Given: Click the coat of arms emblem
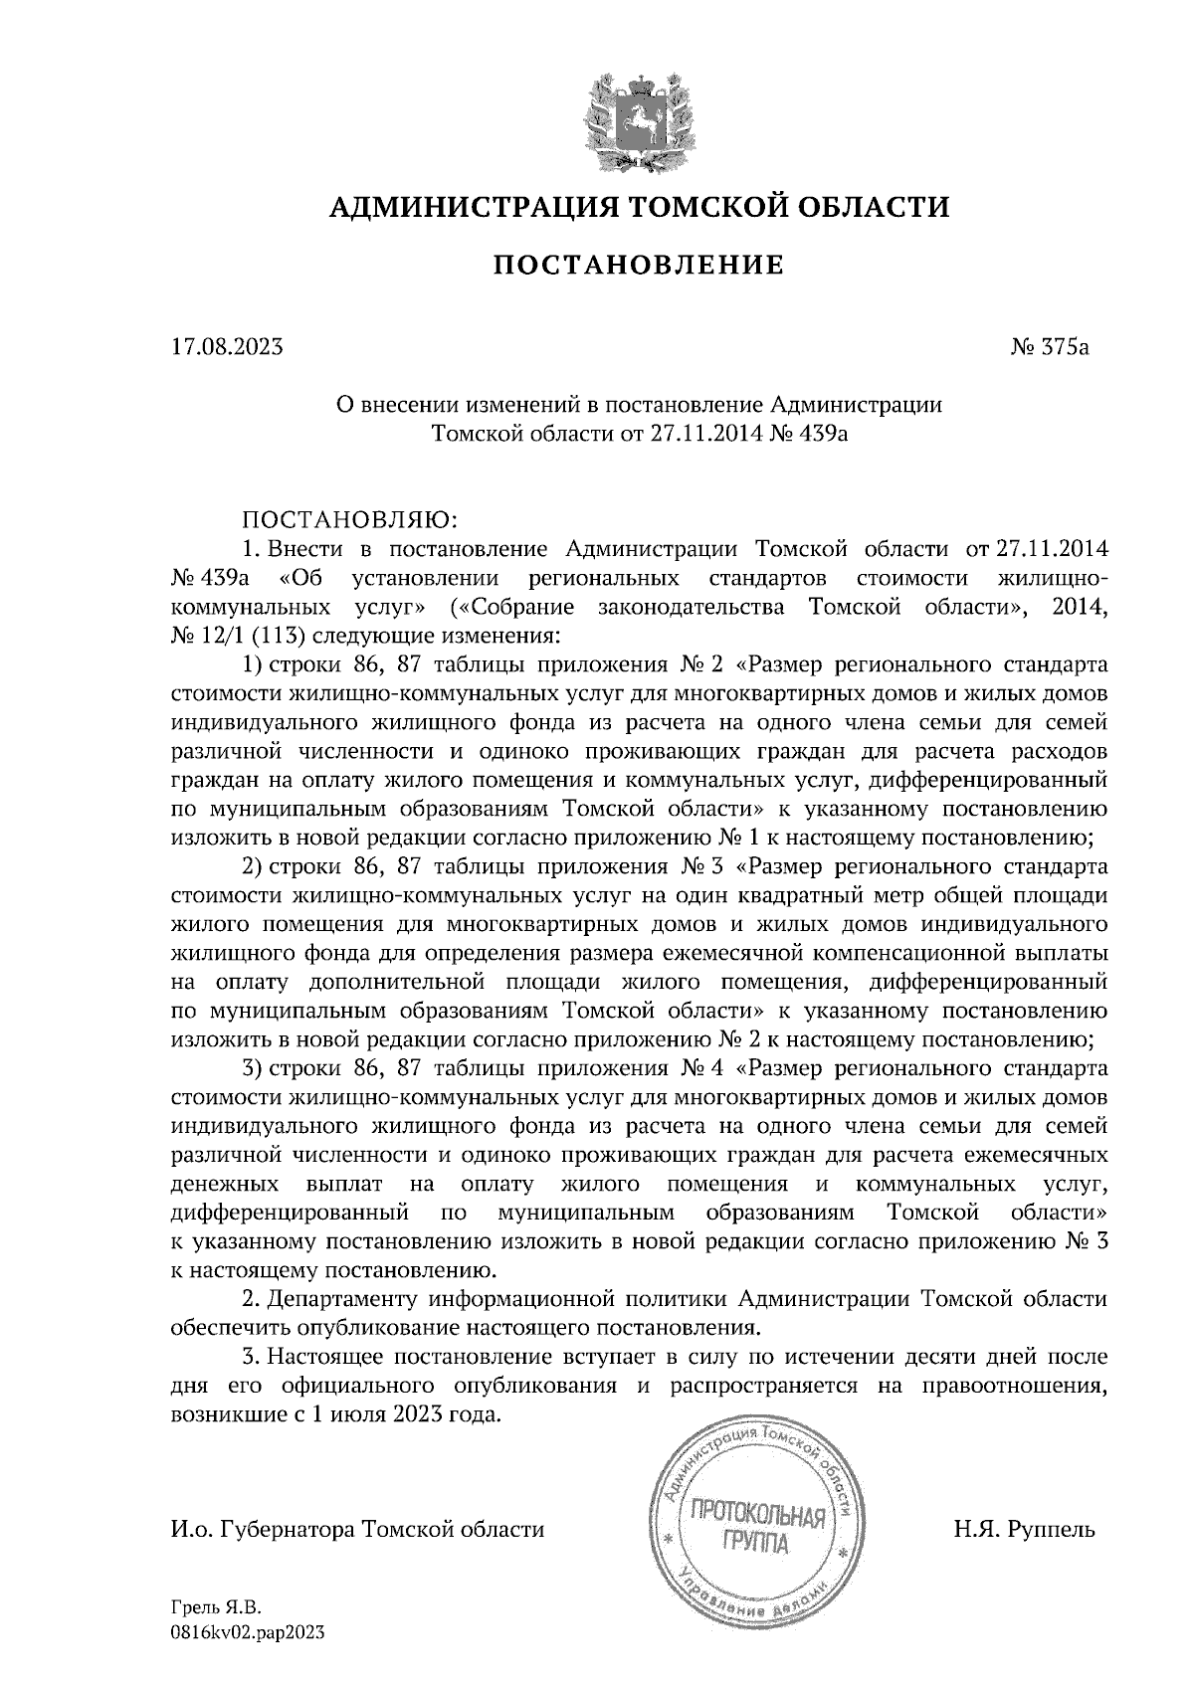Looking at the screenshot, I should click(x=637, y=115).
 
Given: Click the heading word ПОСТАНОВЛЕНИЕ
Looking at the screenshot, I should click(x=639, y=266).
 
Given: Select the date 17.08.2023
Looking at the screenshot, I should click(x=227, y=348).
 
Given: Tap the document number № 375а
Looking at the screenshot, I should click(x=1051, y=348).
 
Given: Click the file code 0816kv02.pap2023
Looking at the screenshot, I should click(x=248, y=1633).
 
